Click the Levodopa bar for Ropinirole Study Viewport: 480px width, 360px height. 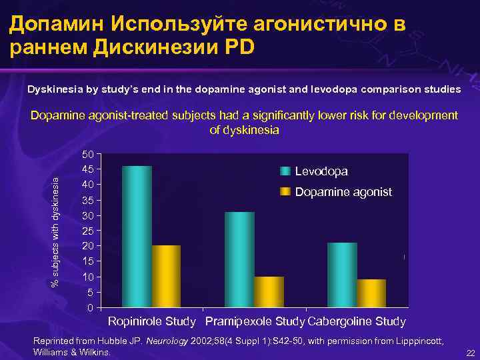[x=137, y=237]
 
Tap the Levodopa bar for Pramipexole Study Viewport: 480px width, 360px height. [x=239, y=259]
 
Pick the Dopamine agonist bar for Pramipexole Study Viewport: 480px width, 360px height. [x=269, y=291]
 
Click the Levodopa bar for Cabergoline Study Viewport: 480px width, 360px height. [x=342, y=275]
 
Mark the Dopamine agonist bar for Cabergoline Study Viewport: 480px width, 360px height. [x=371, y=293]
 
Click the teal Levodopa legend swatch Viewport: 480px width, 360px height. [x=285, y=171]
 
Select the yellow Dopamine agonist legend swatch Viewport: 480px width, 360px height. [x=285, y=192]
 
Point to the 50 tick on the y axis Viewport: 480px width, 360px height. [x=87, y=155]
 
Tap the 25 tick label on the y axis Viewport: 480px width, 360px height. [x=87, y=231]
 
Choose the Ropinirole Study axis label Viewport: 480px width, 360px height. [x=152, y=322]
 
